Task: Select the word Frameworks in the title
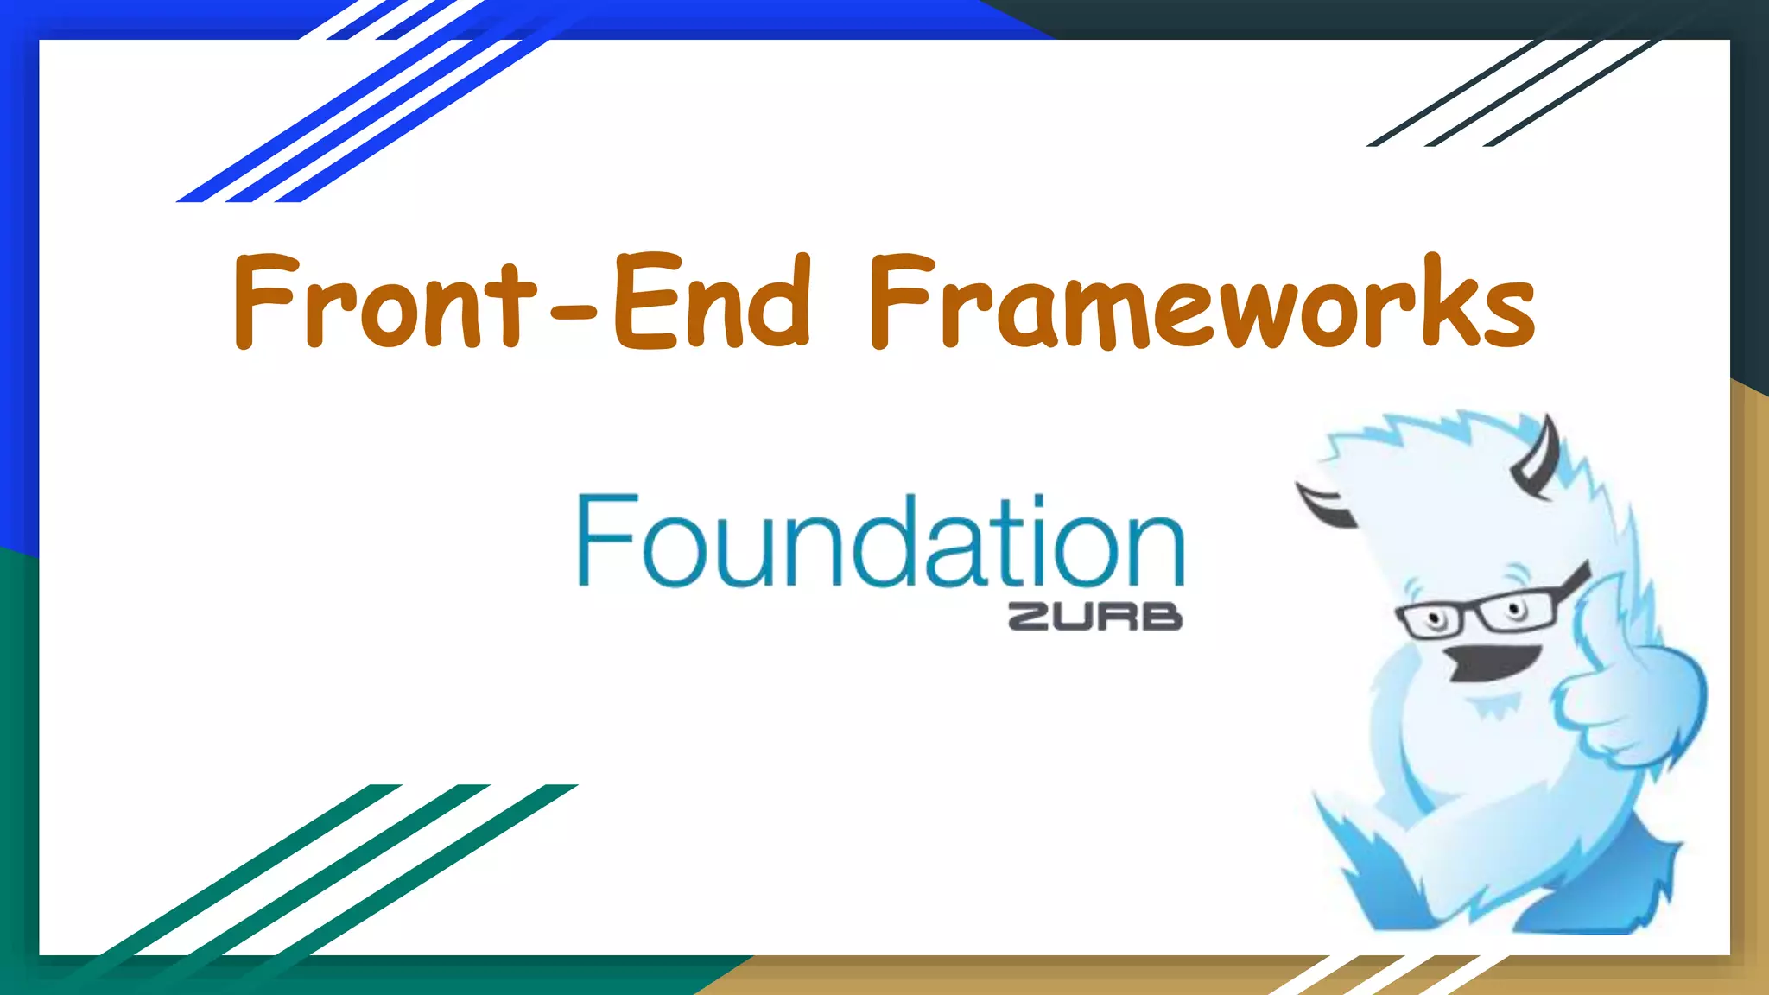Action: [x=1201, y=302]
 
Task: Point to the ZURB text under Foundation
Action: [x=1094, y=617]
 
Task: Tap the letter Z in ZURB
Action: [x=1030, y=617]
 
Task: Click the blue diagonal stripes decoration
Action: [x=363, y=112]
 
